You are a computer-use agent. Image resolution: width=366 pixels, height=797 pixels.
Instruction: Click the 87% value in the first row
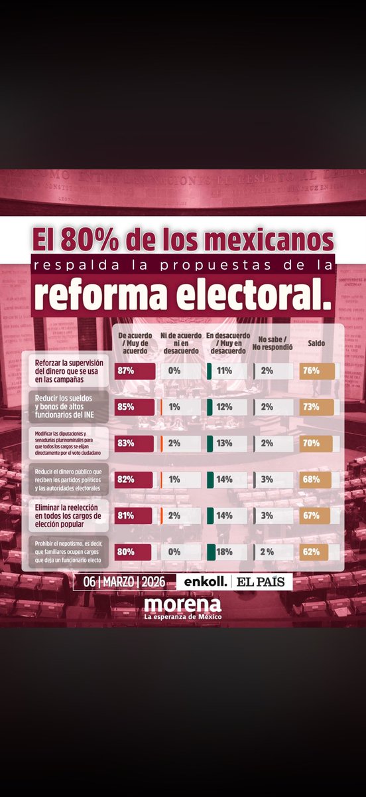126,371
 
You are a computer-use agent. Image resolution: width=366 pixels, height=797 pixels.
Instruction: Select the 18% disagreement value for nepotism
222,551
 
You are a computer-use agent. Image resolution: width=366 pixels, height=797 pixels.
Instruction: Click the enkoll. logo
206,582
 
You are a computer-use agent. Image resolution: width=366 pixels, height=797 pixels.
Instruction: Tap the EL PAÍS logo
262,582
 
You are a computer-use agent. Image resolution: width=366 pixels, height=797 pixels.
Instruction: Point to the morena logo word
182,604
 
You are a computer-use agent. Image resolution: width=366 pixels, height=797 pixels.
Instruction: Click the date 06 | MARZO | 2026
123,582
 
